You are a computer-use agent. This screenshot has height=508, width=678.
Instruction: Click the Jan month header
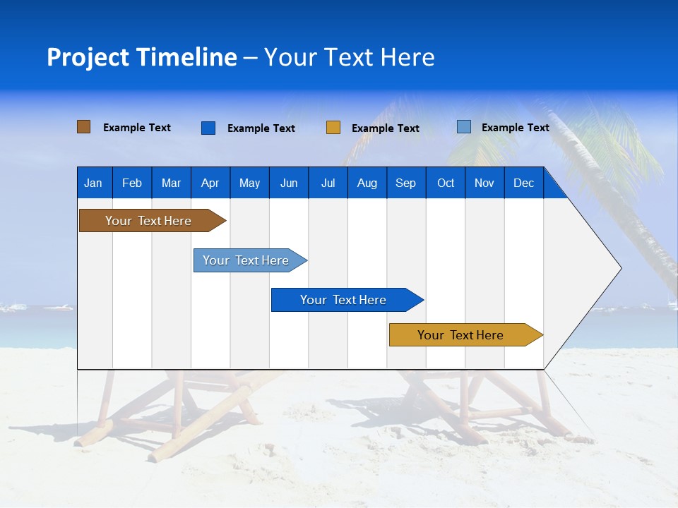tap(94, 183)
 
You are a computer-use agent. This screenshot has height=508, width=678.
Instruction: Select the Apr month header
tap(210, 183)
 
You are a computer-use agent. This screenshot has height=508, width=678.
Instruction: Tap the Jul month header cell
tap(328, 183)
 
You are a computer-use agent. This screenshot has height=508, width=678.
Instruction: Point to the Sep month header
tap(405, 183)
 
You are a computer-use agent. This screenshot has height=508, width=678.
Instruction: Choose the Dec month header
tap(523, 183)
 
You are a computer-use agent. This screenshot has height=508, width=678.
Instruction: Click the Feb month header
tap(132, 183)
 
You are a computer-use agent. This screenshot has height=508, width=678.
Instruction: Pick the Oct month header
tap(445, 183)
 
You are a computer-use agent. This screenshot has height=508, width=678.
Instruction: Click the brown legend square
tap(84, 127)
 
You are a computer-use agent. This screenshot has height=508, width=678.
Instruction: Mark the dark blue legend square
tap(208, 128)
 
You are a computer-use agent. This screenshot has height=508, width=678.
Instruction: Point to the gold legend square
tap(333, 128)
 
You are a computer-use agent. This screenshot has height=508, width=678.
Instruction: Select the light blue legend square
tap(464, 127)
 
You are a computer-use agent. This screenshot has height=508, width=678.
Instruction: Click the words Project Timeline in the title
tap(142, 57)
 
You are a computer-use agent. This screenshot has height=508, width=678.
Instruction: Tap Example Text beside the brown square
tap(137, 128)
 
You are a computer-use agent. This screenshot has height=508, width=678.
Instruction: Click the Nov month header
tap(484, 183)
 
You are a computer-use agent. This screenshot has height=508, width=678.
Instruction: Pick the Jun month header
tap(289, 183)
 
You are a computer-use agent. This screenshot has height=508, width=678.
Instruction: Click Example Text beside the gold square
tap(386, 128)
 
